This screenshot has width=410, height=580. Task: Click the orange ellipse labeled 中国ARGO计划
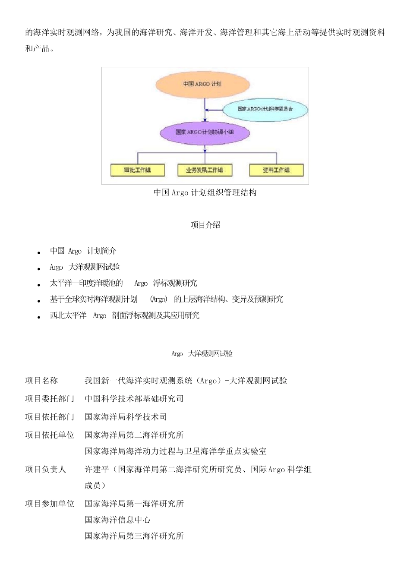coord(202,84)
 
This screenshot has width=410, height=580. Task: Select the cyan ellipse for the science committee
coord(265,109)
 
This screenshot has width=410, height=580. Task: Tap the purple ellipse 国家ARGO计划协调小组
coord(205,132)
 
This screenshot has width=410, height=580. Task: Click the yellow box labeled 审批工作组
coord(137,170)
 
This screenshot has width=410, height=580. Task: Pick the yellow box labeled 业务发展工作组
coord(205,170)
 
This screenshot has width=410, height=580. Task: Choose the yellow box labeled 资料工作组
coord(276,170)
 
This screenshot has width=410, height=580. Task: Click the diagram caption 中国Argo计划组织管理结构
coord(205,192)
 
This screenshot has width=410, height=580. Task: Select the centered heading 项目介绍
coord(205,225)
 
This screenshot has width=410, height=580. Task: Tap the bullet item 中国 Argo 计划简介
coord(83,251)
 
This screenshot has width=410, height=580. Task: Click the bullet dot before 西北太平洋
coord(39,317)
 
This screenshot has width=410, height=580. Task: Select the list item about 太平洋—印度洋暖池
coord(123,284)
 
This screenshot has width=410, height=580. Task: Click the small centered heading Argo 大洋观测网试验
coord(202,354)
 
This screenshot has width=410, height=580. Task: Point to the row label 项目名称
coord(41,381)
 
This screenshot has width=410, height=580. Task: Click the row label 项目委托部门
coord(50,399)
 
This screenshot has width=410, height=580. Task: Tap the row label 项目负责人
coord(46,470)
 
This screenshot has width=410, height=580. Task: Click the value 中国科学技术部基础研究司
coord(134,399)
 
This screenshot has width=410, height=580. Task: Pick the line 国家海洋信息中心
coord(118,520)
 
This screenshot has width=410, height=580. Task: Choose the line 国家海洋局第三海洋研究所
coord(134,536)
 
